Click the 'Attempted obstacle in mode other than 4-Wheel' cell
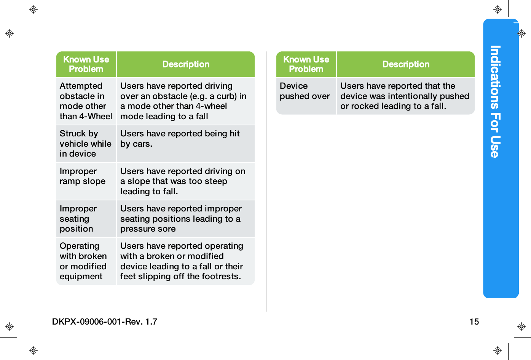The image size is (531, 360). [86, 101]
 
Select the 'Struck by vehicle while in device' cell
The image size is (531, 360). [86, 144]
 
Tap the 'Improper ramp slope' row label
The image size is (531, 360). [83, 176]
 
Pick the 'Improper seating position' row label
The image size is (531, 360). [78, 219]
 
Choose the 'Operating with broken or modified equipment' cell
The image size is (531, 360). [83, 261]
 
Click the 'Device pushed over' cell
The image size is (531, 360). [305, 91]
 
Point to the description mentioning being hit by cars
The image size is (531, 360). [180, 139]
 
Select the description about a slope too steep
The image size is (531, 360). [183, 181]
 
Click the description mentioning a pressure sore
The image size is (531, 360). [181, 219]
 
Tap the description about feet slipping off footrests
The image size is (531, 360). [182, 261]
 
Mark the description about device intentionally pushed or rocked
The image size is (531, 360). [405, 96]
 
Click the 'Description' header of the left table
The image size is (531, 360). [186, 64]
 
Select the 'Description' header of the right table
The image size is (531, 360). [406, 64]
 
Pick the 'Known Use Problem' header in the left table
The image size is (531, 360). [86, 64]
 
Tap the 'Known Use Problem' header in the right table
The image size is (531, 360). [306, 64]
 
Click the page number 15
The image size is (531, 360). [474, 322]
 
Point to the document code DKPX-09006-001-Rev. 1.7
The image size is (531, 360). [105, 322]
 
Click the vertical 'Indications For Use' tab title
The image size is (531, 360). [495, 101]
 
